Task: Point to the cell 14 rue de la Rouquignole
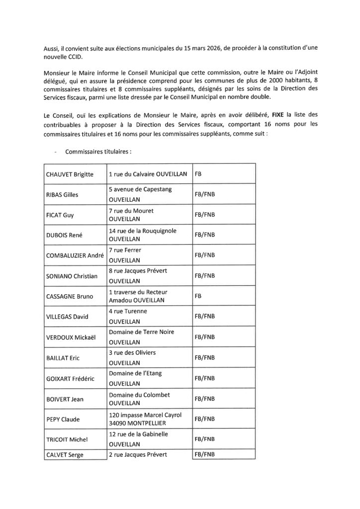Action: tap(142, 230)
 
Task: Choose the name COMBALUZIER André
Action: tap(75, 255)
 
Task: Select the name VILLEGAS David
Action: tap(67, 316)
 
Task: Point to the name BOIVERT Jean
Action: tap(65, 399)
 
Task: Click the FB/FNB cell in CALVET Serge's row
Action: tap(205, 454)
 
